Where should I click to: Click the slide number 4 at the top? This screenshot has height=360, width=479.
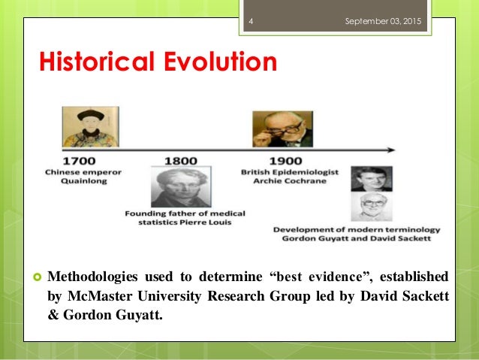[x=251, y=21]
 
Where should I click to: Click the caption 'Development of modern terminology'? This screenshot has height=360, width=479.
[x=356, y=229]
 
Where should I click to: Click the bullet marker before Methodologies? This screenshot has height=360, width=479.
[x=35, y=276]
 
